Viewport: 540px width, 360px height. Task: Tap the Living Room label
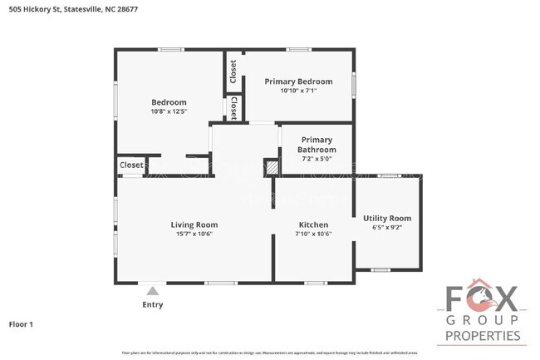pos(194,224)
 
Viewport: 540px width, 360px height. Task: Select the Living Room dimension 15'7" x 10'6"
pos(194,234)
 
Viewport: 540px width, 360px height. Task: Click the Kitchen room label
pos(312,224)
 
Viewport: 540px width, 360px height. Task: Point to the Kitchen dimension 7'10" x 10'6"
pos(312,234)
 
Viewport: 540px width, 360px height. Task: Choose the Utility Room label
pos(387,218)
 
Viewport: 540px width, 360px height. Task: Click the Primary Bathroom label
pos(317,145)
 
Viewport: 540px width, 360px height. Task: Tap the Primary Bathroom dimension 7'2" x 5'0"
pos(317,158)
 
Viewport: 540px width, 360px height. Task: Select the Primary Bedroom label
pos(298,81)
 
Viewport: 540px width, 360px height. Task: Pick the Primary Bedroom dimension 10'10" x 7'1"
pos(298,91)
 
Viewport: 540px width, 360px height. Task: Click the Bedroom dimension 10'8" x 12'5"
pos(169,111)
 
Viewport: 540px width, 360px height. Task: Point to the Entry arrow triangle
pos(151,291)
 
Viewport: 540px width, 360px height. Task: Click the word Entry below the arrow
pos(152,305)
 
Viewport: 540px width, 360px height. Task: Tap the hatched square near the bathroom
pos(271,167)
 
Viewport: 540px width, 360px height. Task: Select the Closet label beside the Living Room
pos(131,165)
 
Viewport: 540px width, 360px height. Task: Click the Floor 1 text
pos(22,324)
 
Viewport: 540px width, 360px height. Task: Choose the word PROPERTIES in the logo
pos(484,336)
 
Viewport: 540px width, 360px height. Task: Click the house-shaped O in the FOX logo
pos(483,295)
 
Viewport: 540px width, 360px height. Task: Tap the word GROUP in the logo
pos(483,320)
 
